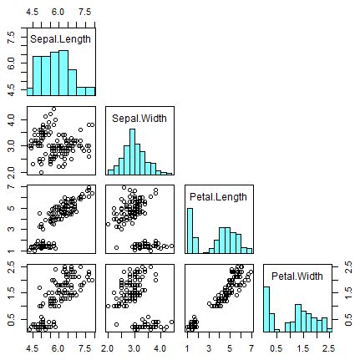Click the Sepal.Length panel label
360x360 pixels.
point(60,39)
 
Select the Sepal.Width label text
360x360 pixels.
point(139,119)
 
